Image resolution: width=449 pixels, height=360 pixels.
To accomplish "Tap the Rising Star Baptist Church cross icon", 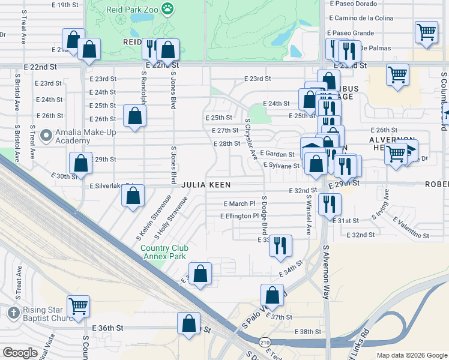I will click(14, 313).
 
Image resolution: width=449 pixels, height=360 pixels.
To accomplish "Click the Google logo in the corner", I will click(20, 353).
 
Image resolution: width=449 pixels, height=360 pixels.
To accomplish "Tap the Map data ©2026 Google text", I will click(412, 355).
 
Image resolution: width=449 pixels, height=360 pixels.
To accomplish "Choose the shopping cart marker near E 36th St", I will click(79, 306).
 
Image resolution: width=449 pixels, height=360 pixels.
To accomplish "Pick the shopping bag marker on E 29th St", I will click(80, 163).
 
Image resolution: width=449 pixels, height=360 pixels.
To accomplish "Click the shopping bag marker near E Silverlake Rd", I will click(133, 195).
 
